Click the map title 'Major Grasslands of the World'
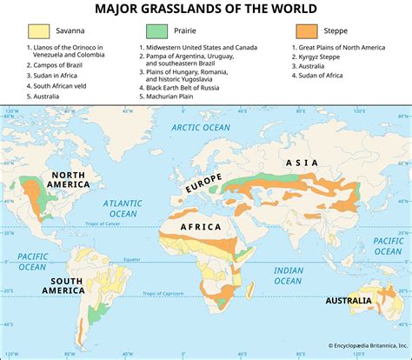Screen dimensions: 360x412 pos(206,10)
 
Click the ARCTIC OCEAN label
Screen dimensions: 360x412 pos(201,128)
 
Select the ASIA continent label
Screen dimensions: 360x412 pos(302,163)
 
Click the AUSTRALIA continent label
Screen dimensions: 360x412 pos(349,301)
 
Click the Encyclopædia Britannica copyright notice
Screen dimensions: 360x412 pos(356,345)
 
